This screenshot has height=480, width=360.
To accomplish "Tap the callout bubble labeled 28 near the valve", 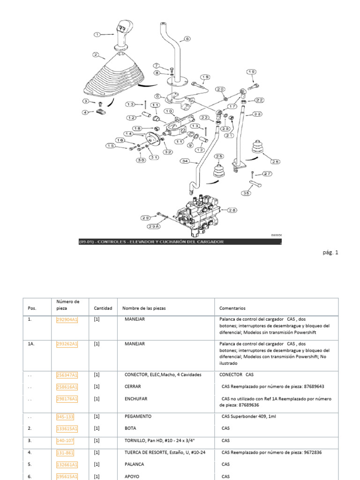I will coord(233,210).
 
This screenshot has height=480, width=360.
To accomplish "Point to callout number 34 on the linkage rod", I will coord(184,161).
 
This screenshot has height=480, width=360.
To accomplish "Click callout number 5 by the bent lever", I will coord(187,39).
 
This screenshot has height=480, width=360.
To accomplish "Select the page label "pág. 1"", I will coord(330,253).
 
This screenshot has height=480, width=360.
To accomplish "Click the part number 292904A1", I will coord(67,320).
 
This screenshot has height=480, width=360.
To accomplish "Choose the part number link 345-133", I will coord(65,416).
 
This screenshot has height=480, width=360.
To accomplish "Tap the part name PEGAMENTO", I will coord(138,416).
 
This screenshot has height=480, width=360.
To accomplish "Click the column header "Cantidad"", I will coord(103,308).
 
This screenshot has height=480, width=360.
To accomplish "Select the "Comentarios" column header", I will coord(232,308).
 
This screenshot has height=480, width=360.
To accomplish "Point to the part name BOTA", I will coord(131,428).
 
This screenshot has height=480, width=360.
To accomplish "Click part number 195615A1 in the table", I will coord(67,476).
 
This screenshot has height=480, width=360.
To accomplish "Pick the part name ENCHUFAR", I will coord(136,399).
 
